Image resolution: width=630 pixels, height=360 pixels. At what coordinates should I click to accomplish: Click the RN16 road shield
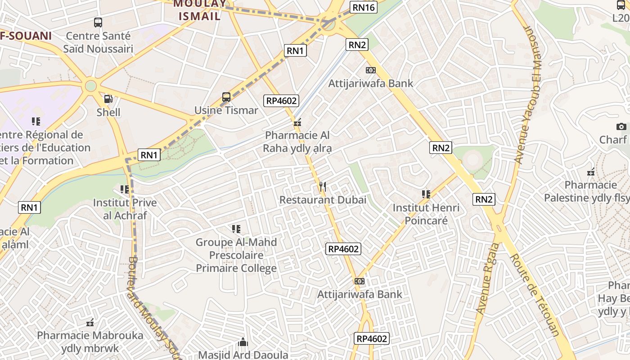pos(363,7)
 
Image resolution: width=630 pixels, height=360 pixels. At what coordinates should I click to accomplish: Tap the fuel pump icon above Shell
pos(108,99)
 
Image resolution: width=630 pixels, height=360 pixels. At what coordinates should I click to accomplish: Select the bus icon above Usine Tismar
pos(226,97)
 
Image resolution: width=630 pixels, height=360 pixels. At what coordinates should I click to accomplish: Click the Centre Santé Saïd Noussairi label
pos(98,42)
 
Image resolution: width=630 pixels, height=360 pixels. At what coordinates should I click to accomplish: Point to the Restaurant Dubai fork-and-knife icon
pos(322,186)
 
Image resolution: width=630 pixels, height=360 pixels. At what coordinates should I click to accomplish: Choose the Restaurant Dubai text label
pos(323,200)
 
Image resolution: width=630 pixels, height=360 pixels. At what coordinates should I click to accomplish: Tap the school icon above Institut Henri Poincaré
pos(426,194)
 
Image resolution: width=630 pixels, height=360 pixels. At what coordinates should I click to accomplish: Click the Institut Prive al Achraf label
pos(125,209)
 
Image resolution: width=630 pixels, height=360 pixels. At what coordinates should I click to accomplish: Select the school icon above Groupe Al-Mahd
pos(236,229)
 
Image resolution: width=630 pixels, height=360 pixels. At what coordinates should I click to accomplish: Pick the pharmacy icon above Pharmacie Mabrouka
pos(90,322)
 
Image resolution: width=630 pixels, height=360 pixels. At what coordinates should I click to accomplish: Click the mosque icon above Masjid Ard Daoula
pos(243,342)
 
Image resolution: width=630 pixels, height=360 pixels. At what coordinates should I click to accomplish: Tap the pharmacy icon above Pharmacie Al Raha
pos(297,122)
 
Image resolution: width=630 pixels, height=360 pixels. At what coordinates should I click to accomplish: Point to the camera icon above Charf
pos(621,127)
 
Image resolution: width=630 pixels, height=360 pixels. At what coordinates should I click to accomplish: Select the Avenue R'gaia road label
pos(488,279)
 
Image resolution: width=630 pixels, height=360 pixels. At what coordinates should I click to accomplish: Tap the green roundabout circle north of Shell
pos(91,85)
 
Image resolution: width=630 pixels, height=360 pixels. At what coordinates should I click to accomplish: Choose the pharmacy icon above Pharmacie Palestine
pos(591,172)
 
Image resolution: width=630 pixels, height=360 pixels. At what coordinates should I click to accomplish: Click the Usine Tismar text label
pos(226,110)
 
